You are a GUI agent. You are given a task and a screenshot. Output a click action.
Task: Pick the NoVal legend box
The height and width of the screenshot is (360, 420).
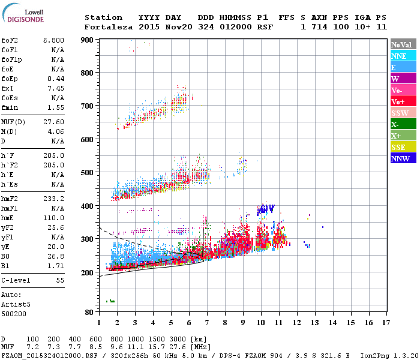[x=403, y=44]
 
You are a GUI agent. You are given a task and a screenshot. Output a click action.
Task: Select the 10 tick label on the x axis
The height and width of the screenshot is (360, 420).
[x=261, y=323]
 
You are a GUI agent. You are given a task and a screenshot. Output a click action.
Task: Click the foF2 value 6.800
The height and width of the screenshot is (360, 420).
[x=53, y=40]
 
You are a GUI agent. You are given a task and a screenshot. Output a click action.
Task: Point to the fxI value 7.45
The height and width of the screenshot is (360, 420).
[x=56, y=88]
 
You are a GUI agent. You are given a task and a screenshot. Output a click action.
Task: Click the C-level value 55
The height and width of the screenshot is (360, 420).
[x=59, y=280]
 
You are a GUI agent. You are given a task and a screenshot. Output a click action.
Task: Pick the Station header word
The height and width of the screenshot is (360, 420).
[x=103, y=17]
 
